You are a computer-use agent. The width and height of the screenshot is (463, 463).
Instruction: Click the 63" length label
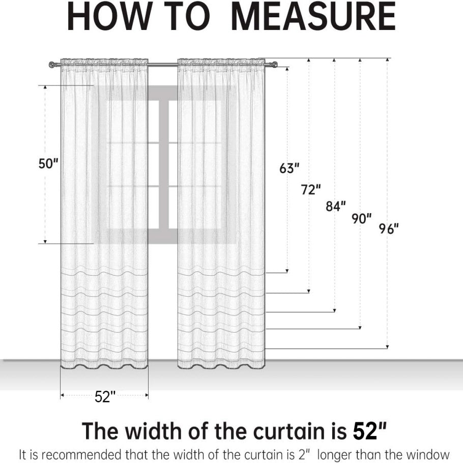290,168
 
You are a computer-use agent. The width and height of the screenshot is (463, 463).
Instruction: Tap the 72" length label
311,189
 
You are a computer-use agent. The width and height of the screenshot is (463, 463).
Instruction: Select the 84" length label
336,206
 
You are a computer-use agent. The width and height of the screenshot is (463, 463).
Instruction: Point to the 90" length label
361,218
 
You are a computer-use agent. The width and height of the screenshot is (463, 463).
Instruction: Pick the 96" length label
389,228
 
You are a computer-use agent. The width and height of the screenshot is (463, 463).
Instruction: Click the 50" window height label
48,163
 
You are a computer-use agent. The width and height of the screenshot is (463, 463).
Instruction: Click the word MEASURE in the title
313,16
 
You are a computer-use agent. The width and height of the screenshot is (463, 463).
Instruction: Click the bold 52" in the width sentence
370,431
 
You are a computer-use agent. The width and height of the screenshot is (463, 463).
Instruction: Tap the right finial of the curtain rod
274,65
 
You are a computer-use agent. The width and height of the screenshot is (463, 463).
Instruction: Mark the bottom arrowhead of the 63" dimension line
287,271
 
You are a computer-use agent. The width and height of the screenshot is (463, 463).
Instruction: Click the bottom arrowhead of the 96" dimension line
387,347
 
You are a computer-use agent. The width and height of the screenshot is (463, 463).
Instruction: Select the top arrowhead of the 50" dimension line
45,88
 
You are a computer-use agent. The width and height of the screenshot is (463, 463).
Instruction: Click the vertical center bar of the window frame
164,164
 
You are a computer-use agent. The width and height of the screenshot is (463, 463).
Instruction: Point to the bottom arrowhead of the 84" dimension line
335,310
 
